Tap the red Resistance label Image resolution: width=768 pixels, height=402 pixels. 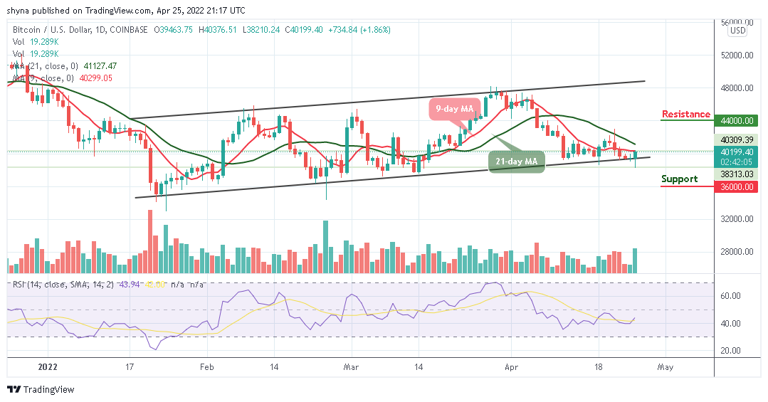(685, 114)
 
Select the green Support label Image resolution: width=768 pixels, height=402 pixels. (679, 179)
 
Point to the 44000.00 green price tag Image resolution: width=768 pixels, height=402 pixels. (736, 121)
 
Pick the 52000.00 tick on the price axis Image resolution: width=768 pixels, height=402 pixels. (736, 55)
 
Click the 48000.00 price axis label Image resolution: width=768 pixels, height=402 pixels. (736, 88)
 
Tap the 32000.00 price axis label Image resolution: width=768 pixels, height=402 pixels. (736, 219)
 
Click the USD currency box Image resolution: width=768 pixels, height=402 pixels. (737, 31)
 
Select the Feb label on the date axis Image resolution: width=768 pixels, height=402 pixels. (206, 368)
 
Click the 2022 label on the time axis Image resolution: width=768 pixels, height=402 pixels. (48, 368)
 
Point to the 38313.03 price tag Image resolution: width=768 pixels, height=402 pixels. (736, 174)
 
